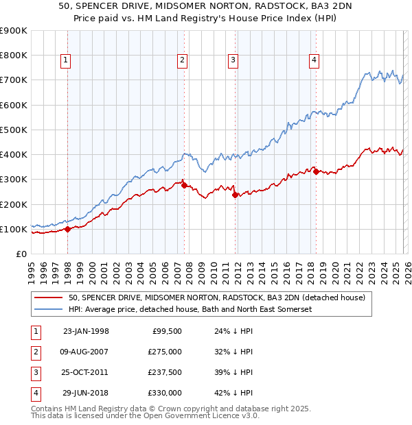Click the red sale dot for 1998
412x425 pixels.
point(68,230)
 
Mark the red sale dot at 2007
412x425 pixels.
point(184,184)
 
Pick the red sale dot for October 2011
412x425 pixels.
point(235,195)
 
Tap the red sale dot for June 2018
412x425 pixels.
point(316,171)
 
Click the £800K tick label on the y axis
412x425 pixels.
point(14,56)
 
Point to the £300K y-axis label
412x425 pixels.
point(14,180)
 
